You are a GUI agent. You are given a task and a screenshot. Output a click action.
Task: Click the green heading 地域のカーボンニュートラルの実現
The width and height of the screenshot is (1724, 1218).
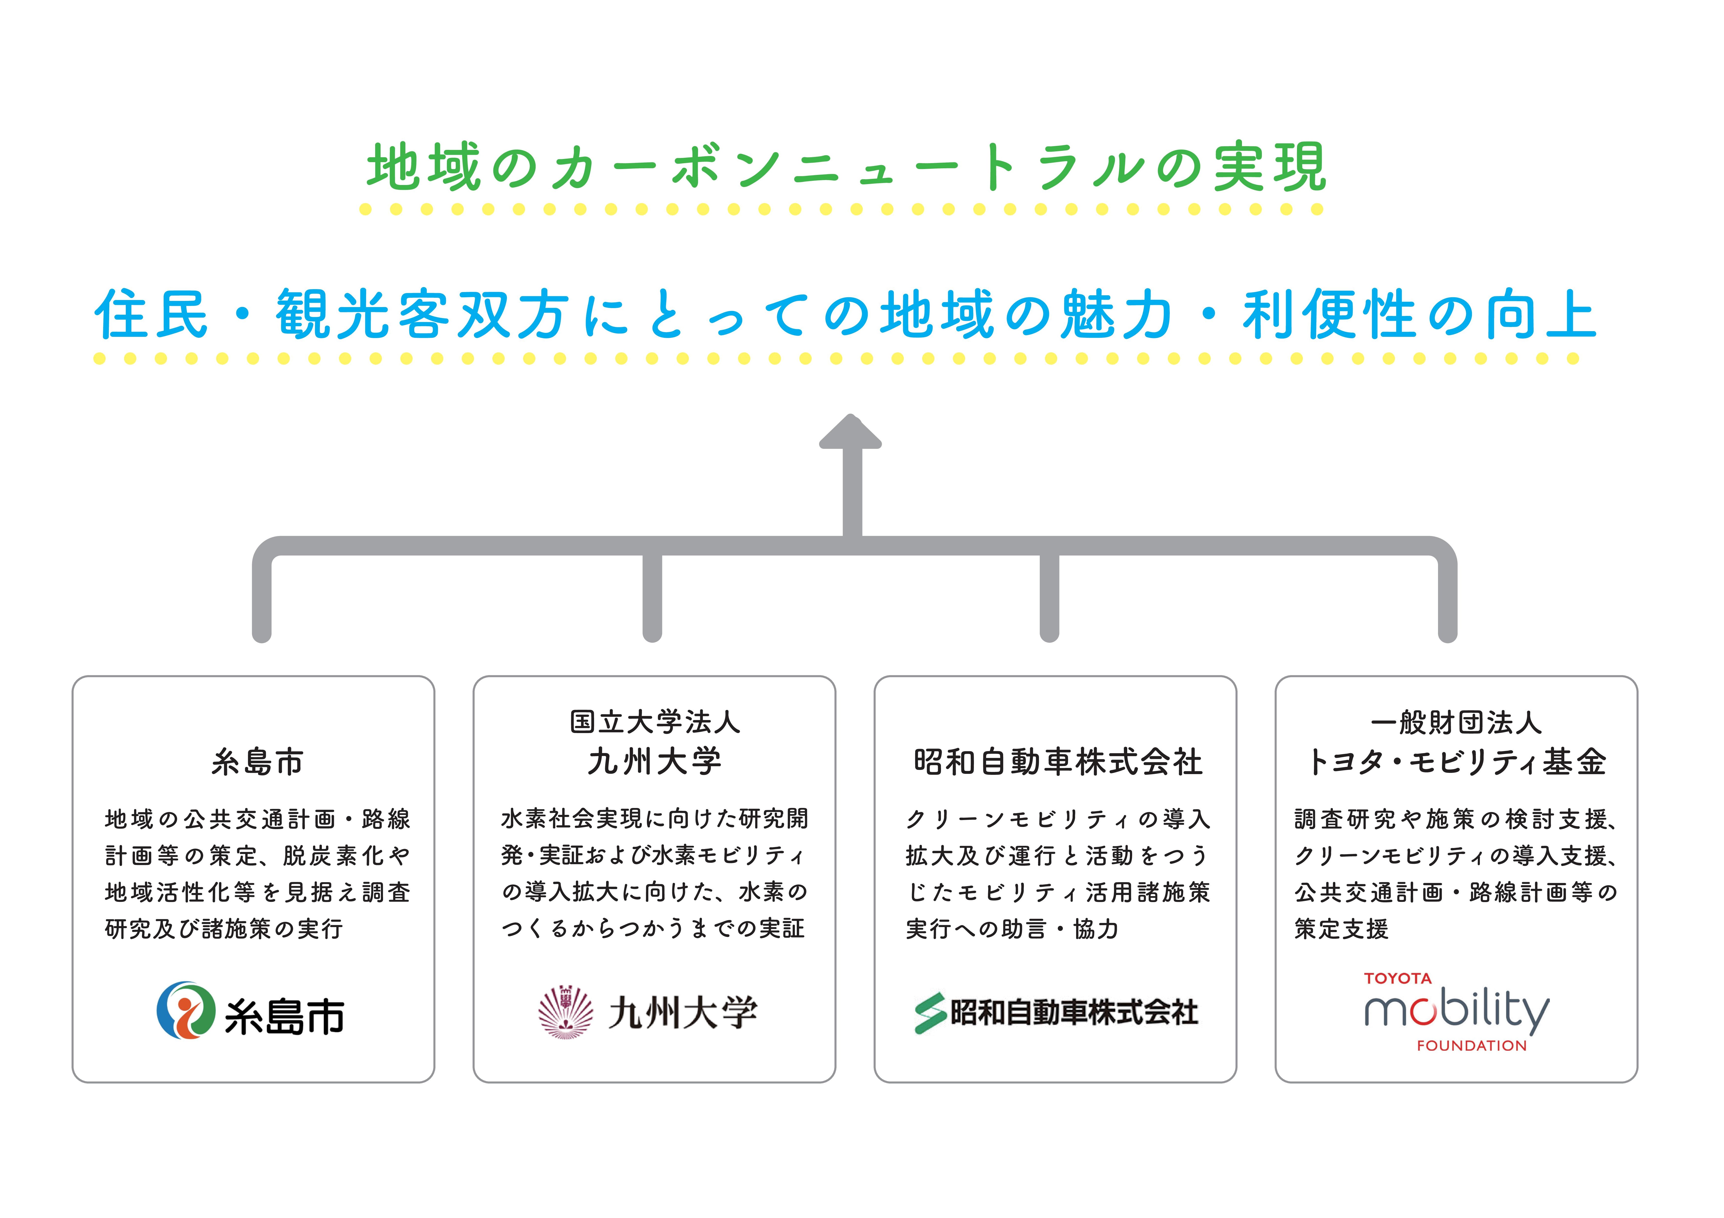point(846,167)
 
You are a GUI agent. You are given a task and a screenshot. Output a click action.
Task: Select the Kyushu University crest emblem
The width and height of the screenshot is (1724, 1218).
point(565,1012)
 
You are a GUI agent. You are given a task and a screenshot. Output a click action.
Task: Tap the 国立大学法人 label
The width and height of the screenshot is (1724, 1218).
point(655,722)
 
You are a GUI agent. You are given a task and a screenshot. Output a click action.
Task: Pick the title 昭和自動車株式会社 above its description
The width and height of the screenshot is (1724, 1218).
point(1057,762)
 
